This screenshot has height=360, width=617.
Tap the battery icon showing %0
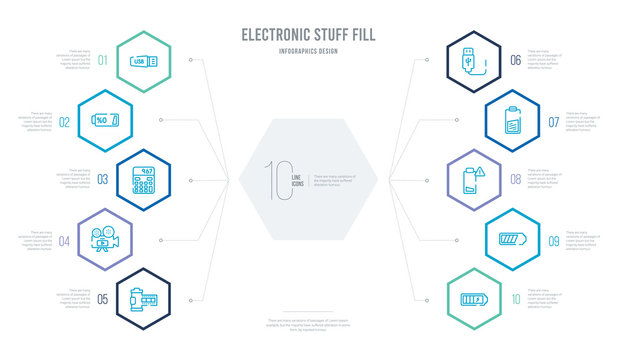pyautogui.click(x=108, y=121)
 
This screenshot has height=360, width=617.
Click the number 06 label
pyautogui.click(x=515, y=60)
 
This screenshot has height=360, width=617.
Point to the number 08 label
pyautogui.click(x=515, y=180)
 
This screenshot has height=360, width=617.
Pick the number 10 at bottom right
pyautogui.click(x=515, y=298)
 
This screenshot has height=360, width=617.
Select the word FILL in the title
pyautogui.click(x=363, y=35)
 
